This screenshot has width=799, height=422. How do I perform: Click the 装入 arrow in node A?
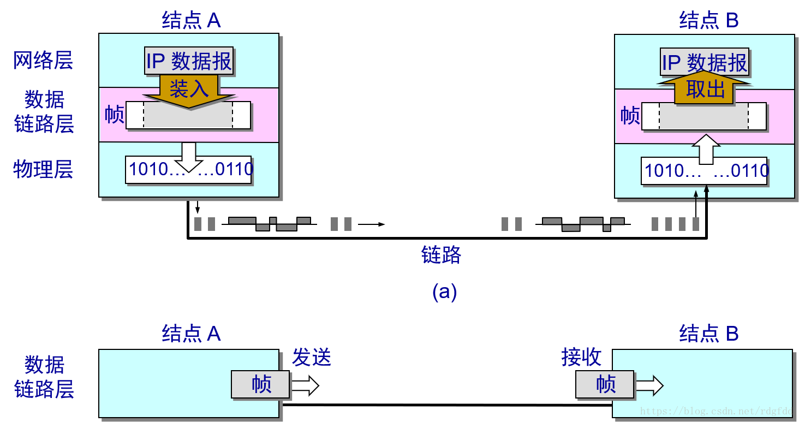[189, 89]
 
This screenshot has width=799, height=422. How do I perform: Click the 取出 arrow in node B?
[705, 89]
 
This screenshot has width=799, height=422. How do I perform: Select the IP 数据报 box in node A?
[189, 61]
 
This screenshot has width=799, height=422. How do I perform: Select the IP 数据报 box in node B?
[704, 63]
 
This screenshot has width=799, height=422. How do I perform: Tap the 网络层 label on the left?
[43, 61]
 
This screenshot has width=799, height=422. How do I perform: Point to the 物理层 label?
[43, 169]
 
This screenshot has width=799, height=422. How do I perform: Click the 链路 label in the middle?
[442, 255]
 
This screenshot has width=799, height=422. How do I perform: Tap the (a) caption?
[444, 292]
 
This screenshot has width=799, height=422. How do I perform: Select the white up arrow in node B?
[706, 148]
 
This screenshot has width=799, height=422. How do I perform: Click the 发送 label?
[312, 358]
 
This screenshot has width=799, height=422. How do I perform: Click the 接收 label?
[581, 358]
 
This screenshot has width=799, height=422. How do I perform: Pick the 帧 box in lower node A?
[260, 384]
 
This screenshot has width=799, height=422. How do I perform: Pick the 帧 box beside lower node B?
[605, 384]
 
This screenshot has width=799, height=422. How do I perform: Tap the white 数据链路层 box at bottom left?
[44, 376]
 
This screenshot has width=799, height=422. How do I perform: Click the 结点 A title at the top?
[191, 21]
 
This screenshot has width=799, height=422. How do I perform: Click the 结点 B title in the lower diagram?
[708, 334]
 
